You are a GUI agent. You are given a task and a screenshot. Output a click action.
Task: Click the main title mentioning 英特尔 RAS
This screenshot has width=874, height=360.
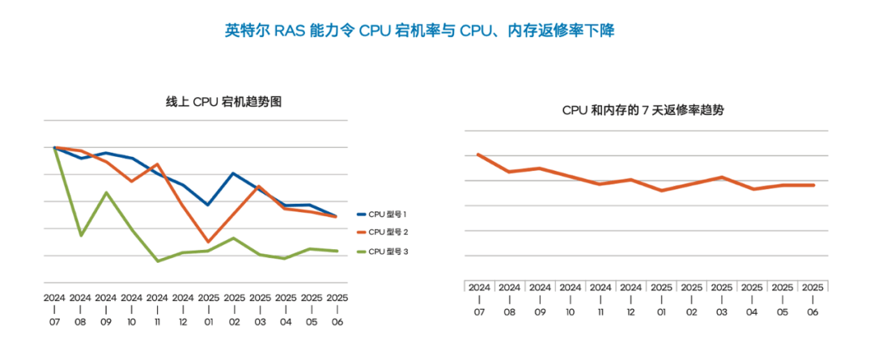pyautogui.click(x=419, y=32)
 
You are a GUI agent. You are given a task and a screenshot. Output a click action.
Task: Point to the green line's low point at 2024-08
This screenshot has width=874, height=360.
pyautogui.click(x=80, y=235)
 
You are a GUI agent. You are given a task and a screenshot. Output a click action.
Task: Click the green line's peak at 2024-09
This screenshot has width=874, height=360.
pyautogui.click(x=106, y=193)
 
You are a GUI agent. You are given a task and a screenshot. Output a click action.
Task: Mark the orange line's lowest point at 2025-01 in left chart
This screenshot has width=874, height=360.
pyautogui.click(x=209, y=242)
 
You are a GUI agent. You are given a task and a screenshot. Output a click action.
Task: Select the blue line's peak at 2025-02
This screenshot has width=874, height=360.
pyautogui.click(x=234, y=173)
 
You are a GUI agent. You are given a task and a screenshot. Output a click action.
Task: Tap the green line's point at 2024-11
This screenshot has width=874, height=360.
pyautogui.click(x=157, y=261)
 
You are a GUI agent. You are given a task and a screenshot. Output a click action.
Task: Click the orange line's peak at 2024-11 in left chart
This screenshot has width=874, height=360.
pyautogui.click(x=157, y=164)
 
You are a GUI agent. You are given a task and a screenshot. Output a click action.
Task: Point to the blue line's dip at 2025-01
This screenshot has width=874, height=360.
pyautogui.click(x=209, y=205)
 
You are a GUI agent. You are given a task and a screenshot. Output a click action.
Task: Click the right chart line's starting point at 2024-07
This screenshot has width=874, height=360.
pyautogui.click(x=478, y=154)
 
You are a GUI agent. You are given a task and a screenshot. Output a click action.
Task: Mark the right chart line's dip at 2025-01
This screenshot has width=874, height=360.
pyautogui.click(x=661, y=191)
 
